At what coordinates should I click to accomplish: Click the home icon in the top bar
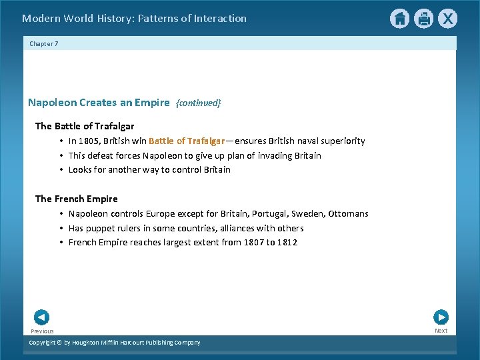[399, 19]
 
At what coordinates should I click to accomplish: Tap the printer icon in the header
[423, 19]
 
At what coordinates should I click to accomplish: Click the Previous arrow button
[41, 318]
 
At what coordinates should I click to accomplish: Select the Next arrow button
[441, 318]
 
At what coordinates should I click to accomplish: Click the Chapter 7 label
[44, 43]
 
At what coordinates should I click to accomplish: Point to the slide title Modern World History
[134, 19]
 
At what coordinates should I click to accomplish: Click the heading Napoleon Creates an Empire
[99, 103]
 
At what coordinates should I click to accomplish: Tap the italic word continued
[198, 103]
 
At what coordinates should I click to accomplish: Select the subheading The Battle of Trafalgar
[85, 126]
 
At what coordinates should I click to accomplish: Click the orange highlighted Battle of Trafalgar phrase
[186, 141]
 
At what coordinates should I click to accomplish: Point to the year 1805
[89, 141]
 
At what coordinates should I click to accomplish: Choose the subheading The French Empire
[76, 199]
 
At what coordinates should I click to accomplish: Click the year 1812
[287, 243]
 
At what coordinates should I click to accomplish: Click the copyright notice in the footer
[114, 343]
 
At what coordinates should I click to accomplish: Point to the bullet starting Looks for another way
[149, 170]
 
